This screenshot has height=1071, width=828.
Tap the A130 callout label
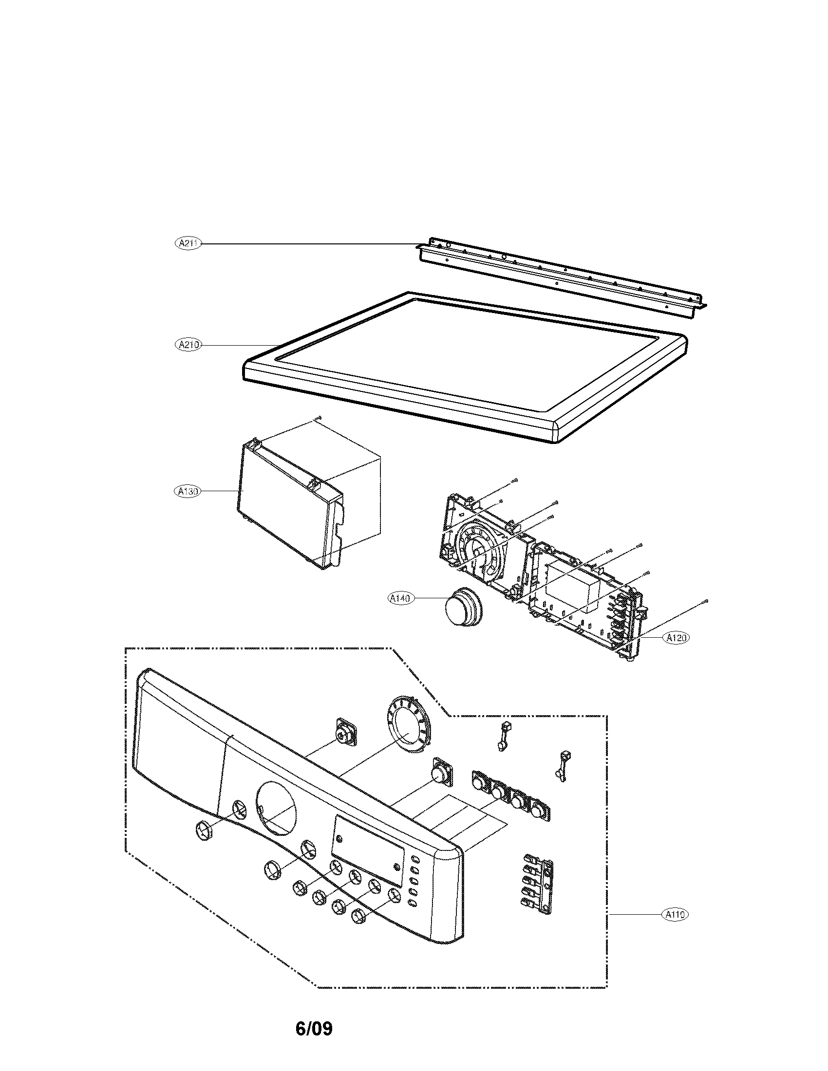(188, 491)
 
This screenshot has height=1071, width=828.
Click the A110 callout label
(675, 914)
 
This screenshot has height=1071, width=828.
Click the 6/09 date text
(314, 1028)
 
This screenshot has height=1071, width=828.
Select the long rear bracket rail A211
(564, 277)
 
